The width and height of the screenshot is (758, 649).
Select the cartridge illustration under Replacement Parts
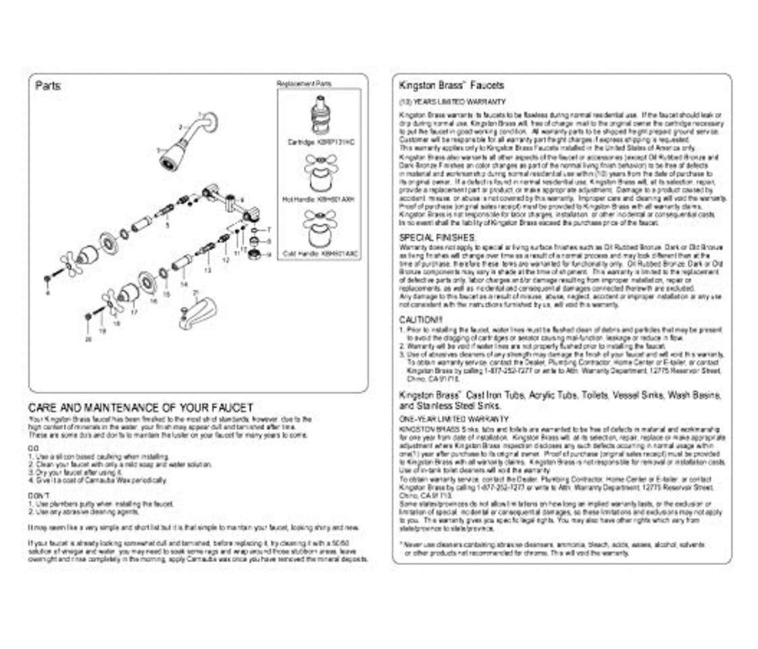pyautogui.click(x=320, y=116)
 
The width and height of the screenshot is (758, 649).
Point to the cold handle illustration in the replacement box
pyautogui.click(x=320, y=230)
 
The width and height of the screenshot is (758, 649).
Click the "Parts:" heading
pyautogui.click(x=52, y=87)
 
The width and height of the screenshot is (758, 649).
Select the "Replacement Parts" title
pyautogui.click(x=304, y=83)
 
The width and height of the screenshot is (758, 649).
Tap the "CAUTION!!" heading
pyautogui.click(x=421, y=320)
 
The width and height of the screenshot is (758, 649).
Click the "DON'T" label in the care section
pyautogui.click(x=37, y=496)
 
